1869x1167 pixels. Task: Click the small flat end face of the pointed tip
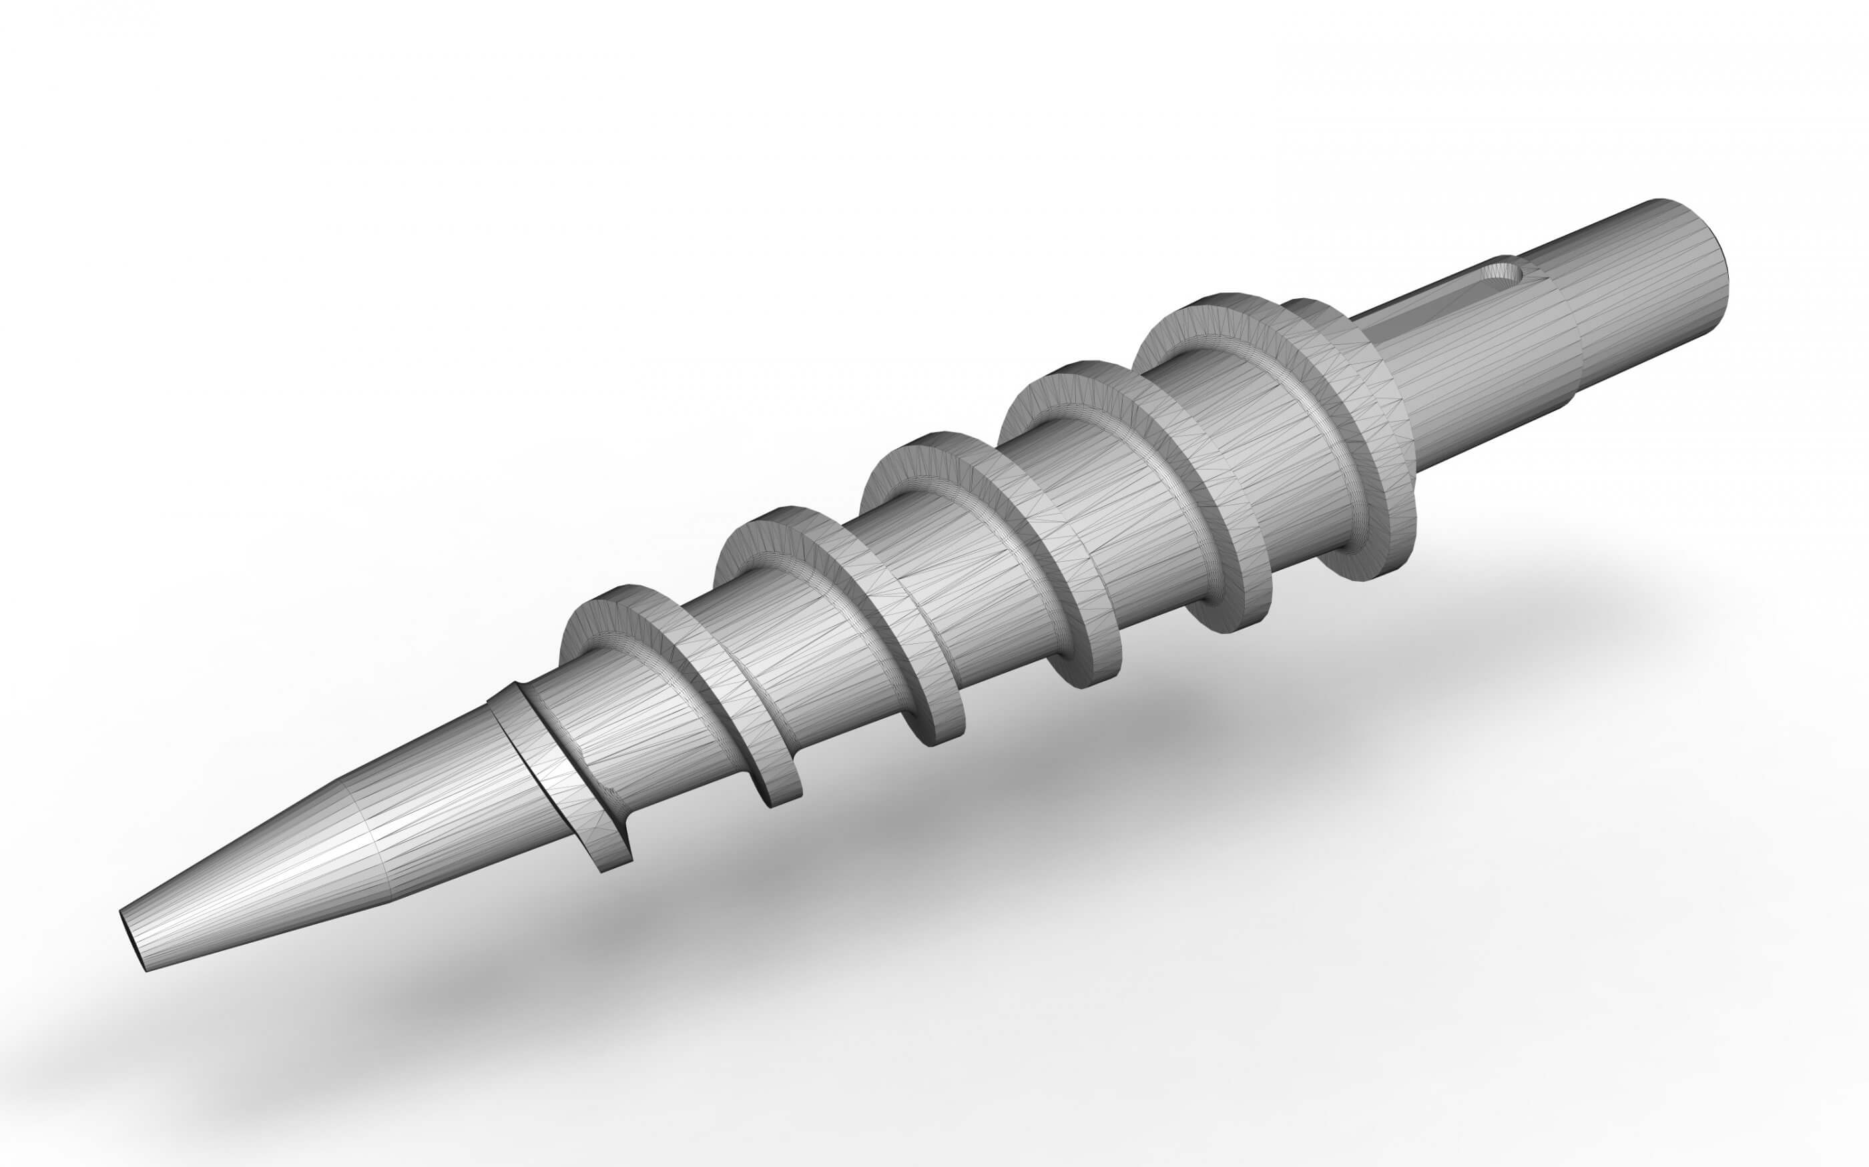point(132,939)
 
